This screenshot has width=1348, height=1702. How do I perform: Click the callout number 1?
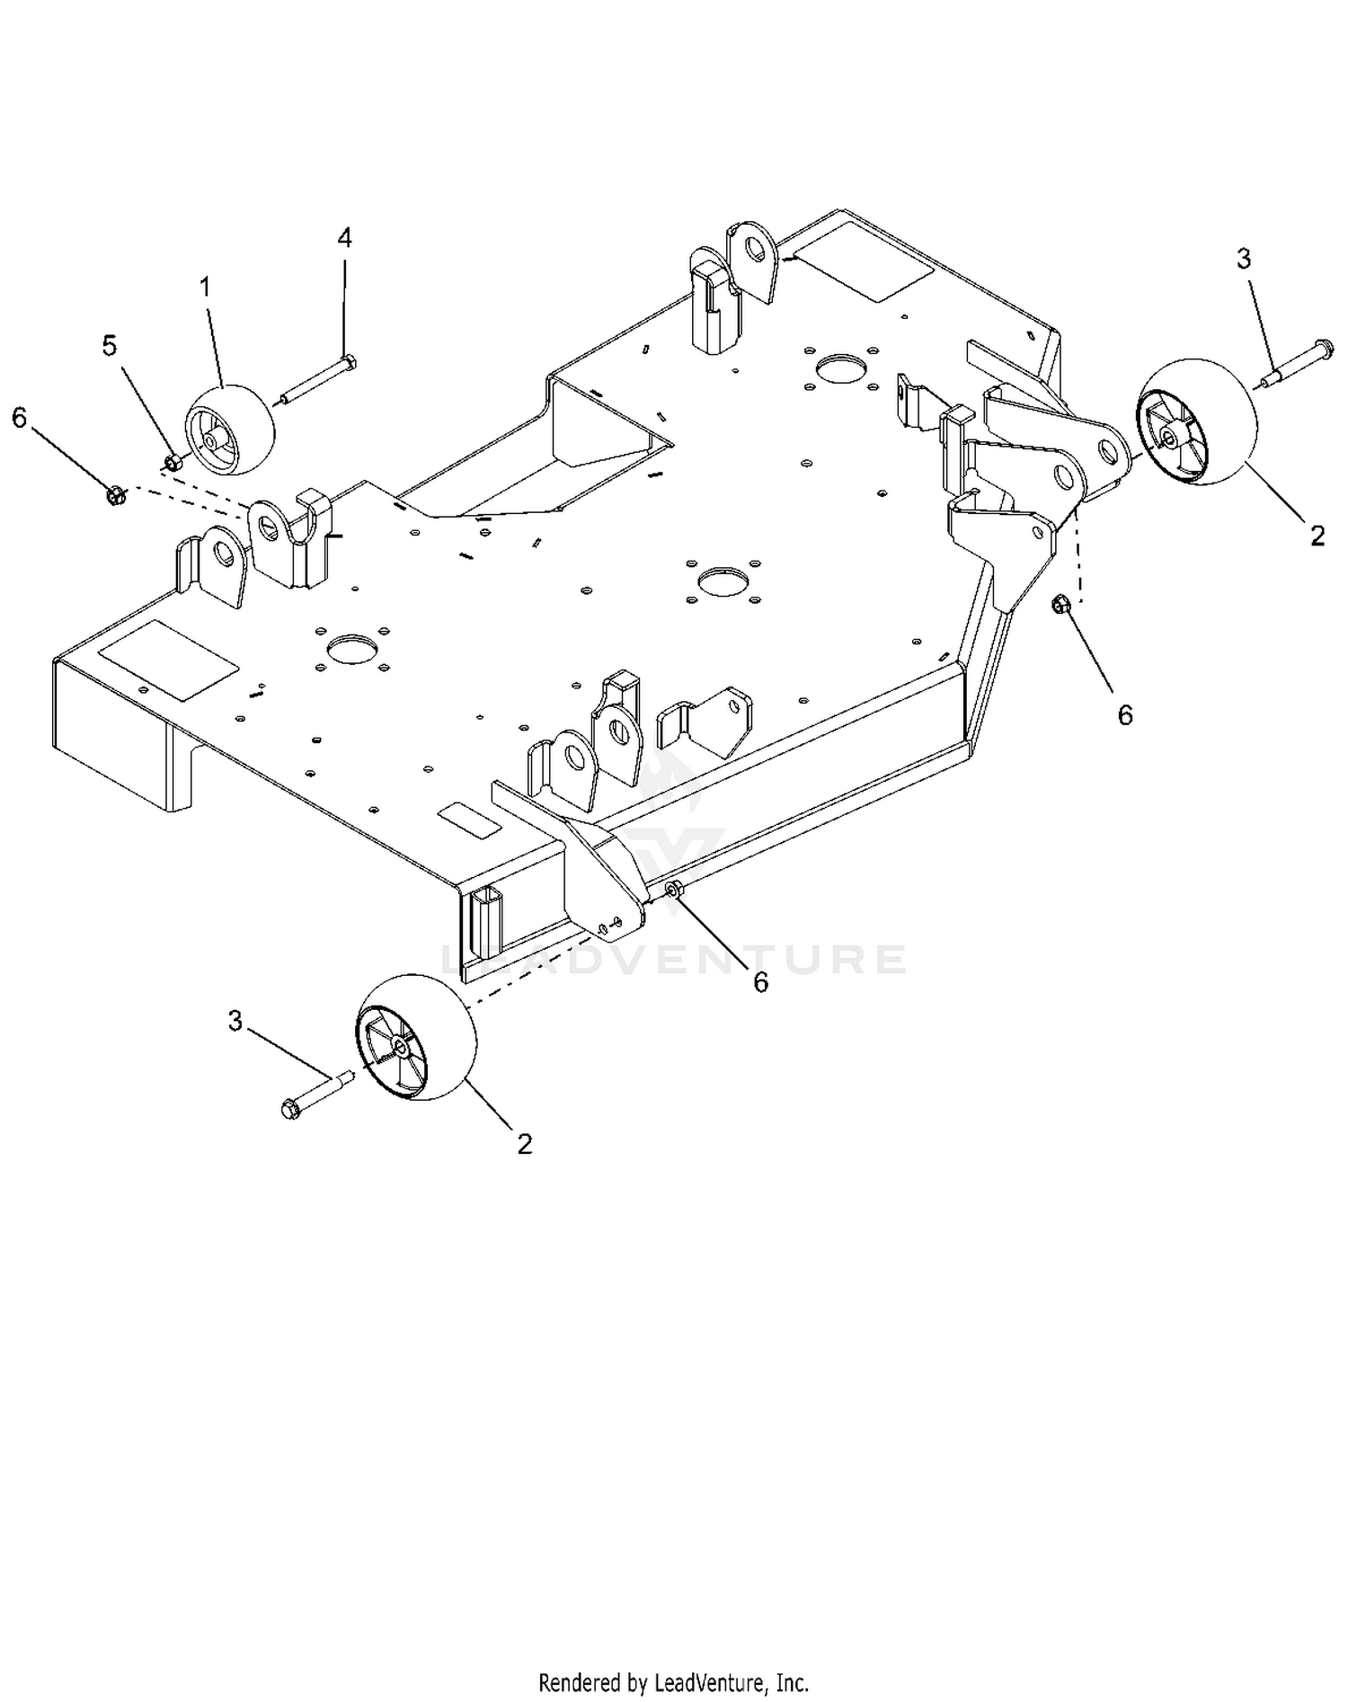[206, 288]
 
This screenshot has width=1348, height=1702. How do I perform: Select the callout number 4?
[345, 237]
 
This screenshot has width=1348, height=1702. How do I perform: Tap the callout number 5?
[110, 346]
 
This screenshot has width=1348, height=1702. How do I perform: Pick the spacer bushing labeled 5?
[173, 463]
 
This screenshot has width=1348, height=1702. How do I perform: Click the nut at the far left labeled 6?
[114, 494]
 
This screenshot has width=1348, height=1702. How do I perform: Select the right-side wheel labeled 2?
[1194, 423]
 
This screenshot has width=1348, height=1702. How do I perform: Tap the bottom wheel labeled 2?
[417, 1036]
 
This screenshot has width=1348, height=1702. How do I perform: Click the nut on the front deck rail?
[673, 890]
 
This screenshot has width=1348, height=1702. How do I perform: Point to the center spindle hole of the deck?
[723, 581]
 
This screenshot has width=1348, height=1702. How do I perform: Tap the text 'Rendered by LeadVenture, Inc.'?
[674, 1681]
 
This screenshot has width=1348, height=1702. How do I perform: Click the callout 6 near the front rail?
[761, 982]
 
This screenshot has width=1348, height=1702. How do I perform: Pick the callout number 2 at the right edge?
[1317, 536]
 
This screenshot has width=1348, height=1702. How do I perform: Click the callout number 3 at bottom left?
[235, 1021]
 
